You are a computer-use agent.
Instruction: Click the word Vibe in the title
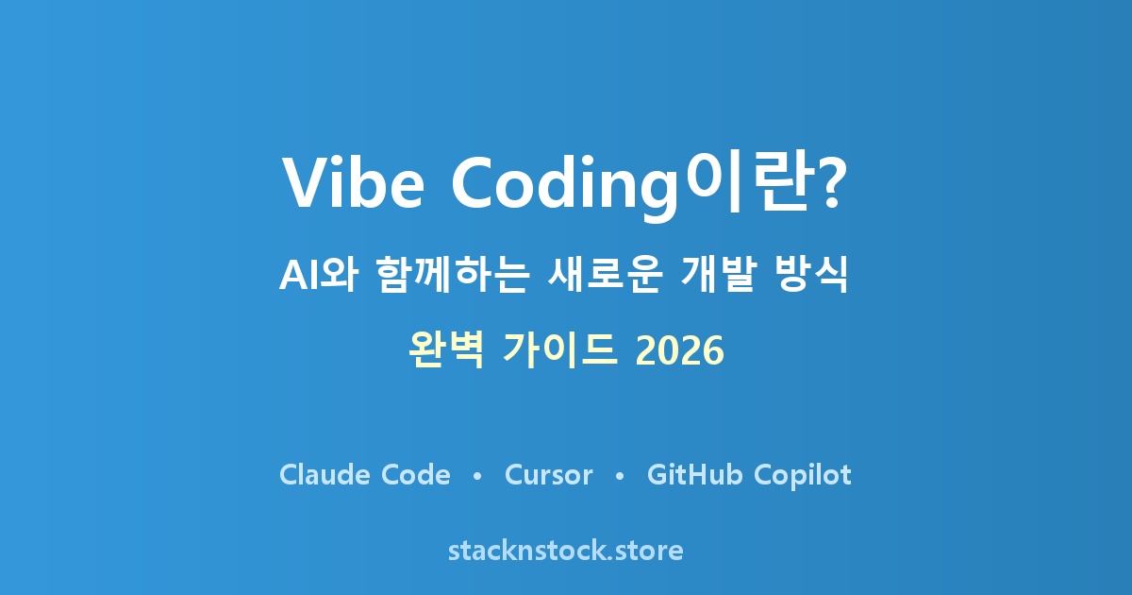tap(353, 182)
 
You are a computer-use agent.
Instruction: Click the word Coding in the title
tap(564, 187)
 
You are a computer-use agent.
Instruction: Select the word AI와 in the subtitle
tap(319, 275)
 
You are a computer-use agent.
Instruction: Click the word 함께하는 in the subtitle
tap(453, 275)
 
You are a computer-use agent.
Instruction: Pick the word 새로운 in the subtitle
tap(605, 275)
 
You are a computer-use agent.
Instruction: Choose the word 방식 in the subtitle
tap(810, 275)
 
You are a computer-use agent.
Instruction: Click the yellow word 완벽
tap(445, 350)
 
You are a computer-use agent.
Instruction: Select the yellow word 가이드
tap(559, 350)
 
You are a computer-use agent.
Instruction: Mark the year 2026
tap(680, 350)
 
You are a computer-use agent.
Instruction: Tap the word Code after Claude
tap(415, 474)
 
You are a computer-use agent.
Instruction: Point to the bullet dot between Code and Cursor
tap(476, 476)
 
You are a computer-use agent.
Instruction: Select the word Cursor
tap(548, 474)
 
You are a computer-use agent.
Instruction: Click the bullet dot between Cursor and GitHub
tap(620, 476)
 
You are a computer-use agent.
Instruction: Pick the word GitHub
tap(695, 474)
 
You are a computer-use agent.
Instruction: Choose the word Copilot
tap(803, 476)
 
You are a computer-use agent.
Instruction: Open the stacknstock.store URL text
tap(565, 551)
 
